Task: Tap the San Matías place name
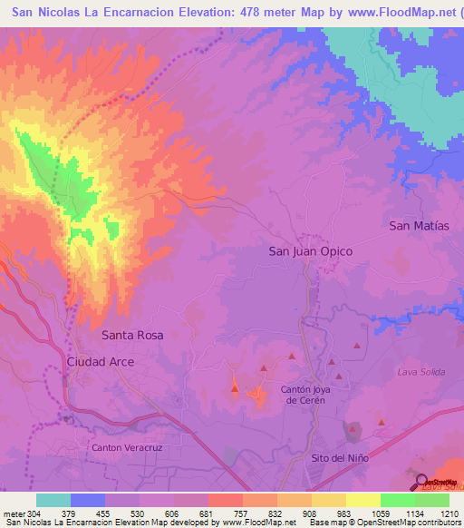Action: [419, 225]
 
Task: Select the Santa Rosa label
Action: [132, 335]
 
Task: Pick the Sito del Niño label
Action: [340, 458]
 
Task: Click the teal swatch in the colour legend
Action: [53, 500]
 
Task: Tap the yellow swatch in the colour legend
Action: [362, 500]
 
